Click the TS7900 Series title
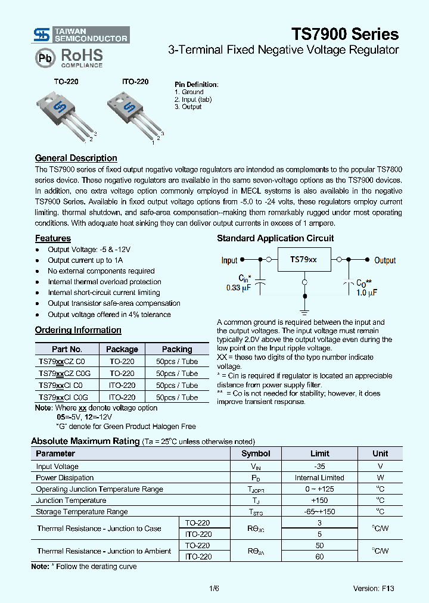pyautogui.click(x=345, y=33)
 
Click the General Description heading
pyautogui.click(x=76, y=158)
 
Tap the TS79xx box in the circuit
pyautogui.click(x=303, y=260)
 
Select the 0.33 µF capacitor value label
pyautogui.click(x=238, y=288)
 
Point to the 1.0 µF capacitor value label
pyautogui.click(x=366, y=292)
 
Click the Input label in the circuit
pyautogui.click(x=229, y=260)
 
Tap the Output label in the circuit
pyautogui.click(x=385, y=260)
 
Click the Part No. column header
pyautogui.click(x=67, y=349)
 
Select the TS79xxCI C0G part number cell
pyautogui.click(x=64, y=397)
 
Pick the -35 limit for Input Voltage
pyautogui.click(x=319, y=467)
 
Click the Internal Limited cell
pyautogui.click(x=319, y=478)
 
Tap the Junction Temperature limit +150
pyautogui.click(x=319, y=501)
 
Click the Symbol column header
pyautogui.click(x=256, y=453)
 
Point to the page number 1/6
pyautogui.click(x=214, y=588)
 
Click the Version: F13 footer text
pyautogui.click(x=374, y=588)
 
